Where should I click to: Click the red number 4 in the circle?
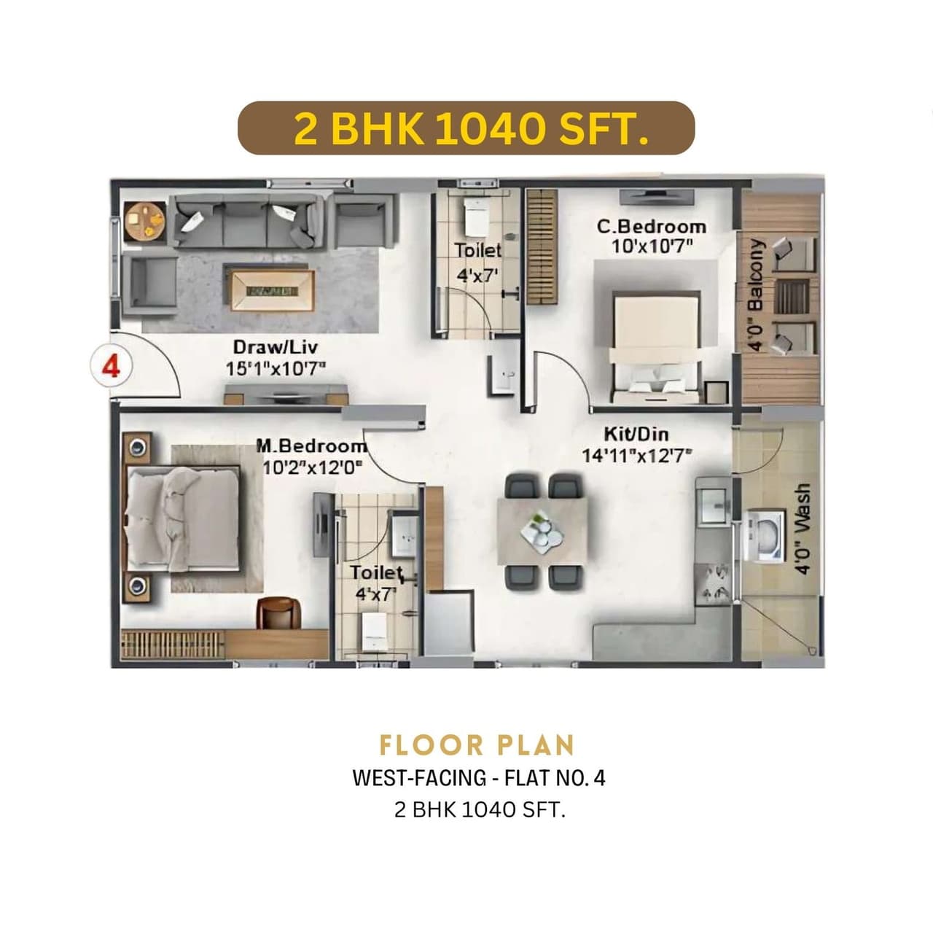(111, 365)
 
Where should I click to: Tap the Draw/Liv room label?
(275, 347)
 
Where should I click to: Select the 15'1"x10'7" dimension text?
(276, 369)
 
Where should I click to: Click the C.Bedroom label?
(651, 227)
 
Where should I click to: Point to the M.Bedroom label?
(312, 446)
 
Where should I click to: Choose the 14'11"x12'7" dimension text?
(636, 456)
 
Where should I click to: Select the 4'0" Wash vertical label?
(803, 529)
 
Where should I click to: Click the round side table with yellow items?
(144, 221)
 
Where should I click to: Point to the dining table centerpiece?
(542, 530)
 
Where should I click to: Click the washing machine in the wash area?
(763, 535)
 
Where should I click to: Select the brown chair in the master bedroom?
(278, 612)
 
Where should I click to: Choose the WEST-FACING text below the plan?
(419, 778)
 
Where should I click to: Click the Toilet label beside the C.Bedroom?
(477, 250)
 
